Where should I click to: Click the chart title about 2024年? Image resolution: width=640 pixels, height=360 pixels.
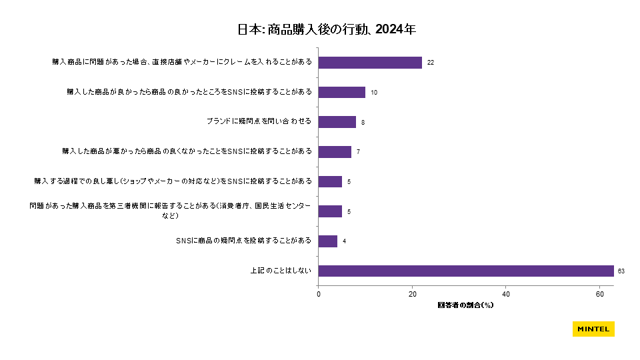coord(327,29)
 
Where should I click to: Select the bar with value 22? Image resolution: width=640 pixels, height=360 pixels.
coord(370,62)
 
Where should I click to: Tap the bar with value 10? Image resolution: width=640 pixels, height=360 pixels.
coord(342,92)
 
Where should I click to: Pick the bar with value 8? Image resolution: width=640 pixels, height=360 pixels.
coord(337,122)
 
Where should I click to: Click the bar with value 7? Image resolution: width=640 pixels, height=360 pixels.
coord(335,151)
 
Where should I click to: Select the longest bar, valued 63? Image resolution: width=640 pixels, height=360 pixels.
coord(466,271)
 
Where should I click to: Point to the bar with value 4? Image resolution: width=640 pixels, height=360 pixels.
coord(328,241)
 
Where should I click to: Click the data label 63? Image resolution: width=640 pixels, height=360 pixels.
coord(621,271)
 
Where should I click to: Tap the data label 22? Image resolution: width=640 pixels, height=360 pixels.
coord(431,63)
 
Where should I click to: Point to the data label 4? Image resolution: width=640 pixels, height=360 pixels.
coord(344,241)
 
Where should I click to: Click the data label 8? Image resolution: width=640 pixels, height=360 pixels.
coord(363,123)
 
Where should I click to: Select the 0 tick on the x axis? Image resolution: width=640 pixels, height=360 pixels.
coord(319,293)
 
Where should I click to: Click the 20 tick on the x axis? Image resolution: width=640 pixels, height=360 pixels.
coord(413,293)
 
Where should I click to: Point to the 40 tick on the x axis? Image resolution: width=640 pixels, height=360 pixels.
coord(506,293)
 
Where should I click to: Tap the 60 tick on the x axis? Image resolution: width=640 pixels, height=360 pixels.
coord(600,293)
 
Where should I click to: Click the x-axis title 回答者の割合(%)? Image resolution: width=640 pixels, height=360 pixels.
coord(465,305)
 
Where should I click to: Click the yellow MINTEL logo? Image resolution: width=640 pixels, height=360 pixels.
coord(593,329)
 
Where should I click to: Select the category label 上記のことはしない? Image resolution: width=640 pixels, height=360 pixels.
coord(281,271)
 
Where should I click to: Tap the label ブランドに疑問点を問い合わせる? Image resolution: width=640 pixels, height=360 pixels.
coord(259,122)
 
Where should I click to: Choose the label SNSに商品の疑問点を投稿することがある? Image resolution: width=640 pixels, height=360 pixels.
coord(239,241)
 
